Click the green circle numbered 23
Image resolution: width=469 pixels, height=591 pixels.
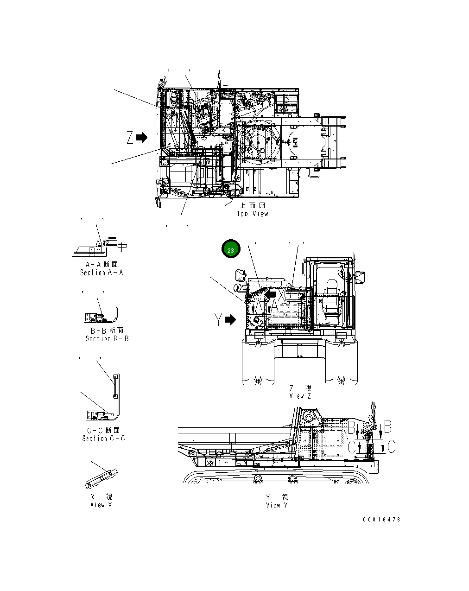click(x=231, y=249)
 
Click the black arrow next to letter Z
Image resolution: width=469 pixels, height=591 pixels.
click(x=141, y=137)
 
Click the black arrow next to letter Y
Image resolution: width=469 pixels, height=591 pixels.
click(x=230, y=319)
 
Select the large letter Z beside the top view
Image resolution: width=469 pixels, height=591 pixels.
click(x=130, y=137)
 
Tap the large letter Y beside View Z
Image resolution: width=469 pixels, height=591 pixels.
click(x=218, y=319)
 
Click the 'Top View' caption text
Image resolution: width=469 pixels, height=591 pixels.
click(x=253, y=214)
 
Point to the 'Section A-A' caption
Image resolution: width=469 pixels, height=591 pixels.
click(x=101, y=273)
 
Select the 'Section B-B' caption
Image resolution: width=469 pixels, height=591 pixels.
click(x=107, y=338)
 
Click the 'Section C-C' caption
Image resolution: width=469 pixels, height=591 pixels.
click(x=103, y=438)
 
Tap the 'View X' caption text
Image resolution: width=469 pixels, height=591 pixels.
click(x=101, y=504)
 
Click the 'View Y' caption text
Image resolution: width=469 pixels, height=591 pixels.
click(x=277, y=505)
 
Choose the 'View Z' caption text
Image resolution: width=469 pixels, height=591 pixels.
click(x=300, y=395)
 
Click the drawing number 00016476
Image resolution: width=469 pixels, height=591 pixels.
click(x=381, y=520)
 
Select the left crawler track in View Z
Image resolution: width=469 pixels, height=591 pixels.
click(x=259, y=364)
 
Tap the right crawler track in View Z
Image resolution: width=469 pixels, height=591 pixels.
click(x=341, y=364)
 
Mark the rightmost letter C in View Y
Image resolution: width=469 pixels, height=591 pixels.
click(x=391, y=447)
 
